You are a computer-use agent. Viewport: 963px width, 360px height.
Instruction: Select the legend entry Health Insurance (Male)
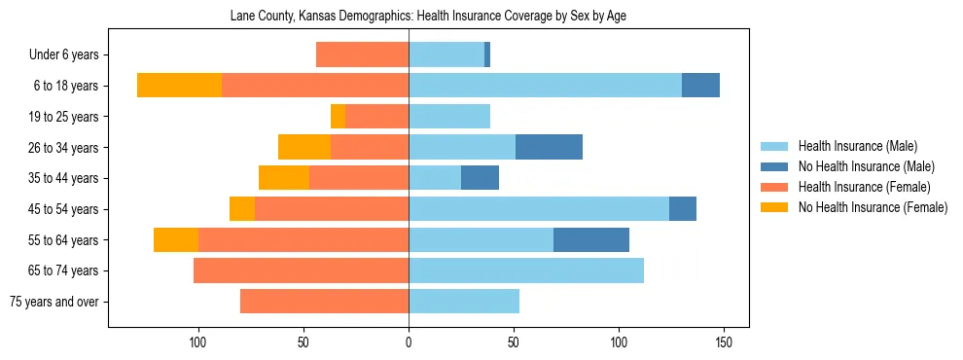[857, 146]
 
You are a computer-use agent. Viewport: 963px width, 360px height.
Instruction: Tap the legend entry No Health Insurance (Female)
[873, 207]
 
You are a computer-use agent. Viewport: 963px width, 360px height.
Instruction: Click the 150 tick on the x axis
[724, 343]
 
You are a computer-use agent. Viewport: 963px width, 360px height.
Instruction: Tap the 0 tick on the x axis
[409, 343]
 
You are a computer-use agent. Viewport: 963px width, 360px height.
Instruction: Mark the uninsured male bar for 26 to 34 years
[549, 147]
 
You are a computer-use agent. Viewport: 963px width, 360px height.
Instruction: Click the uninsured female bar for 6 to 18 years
[179, 86]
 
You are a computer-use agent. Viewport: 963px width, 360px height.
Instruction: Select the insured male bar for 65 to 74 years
[526, 270]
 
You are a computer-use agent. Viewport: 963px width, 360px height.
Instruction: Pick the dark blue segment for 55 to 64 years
[591, 239]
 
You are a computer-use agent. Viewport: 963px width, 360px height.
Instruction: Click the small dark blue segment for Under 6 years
[487, 55]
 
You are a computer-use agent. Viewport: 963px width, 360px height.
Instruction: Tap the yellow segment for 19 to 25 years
[338, 117]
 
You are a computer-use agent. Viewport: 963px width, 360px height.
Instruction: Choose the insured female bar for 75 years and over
[324, 302]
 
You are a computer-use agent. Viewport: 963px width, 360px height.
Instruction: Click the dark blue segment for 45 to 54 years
[683, 209]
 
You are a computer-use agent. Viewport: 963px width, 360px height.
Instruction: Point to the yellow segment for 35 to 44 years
[284, 178]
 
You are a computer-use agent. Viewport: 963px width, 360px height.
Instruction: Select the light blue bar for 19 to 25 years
[449, 117]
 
